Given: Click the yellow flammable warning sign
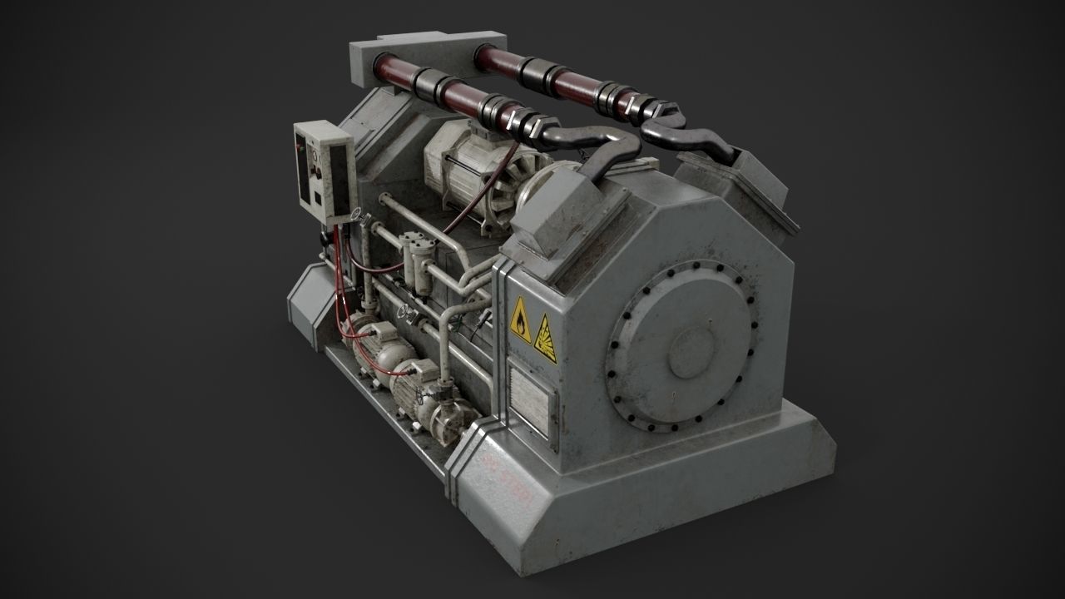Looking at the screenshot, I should tap(520, 320).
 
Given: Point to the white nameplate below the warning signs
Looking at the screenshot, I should tap(529, 400).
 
